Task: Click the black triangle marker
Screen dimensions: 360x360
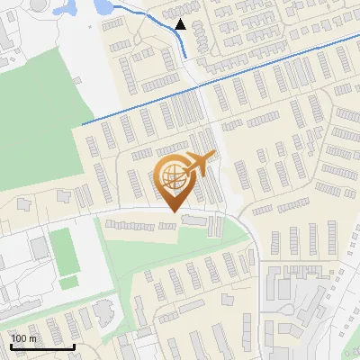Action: coord(181,25)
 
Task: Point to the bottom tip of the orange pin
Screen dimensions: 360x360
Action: coord(173,211)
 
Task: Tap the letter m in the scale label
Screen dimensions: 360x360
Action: coord(32,337)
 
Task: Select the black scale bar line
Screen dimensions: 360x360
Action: coord(42,346)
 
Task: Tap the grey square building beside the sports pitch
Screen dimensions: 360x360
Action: coord(38,246)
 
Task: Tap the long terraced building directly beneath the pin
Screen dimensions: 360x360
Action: coord(139,226)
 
